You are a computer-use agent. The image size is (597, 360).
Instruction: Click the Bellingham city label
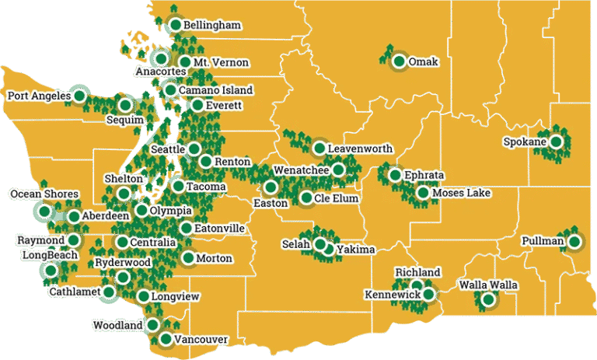pyautogui.click(x=211, y=26)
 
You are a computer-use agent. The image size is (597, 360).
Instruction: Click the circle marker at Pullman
pyautogui.click(x=574, y=242)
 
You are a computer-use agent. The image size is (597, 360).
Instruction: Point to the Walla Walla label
pyautogui.click(x=487, y=286)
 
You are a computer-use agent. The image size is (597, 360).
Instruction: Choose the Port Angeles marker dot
pyautogui.click(x=79, y=95)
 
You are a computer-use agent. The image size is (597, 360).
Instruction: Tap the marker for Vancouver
pyautogui.click(x=166, y=339)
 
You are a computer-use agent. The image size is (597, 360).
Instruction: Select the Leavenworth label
pyautogui.click(x=360, y=149)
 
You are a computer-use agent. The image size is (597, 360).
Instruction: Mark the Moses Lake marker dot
pyautogui.click(x=422, y=193)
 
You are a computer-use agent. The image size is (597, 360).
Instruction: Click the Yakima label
pyautogui.click(x=356, y=250)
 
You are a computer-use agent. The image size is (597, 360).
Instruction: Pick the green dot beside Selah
pyautogui.click(x=319, y=244)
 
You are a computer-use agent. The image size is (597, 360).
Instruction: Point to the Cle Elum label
pyautogui.click(x=337, y=199)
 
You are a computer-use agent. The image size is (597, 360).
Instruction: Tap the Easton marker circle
pyautogui.click(x=270, y=187)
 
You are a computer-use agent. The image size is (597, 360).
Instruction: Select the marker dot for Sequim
pyautogui.click(x=125, y=105)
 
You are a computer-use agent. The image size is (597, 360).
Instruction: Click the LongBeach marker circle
pyautogui.click(x=51, y=271)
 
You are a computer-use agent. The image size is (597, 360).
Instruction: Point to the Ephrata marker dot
pyautogui.click(x=395, y=175)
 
